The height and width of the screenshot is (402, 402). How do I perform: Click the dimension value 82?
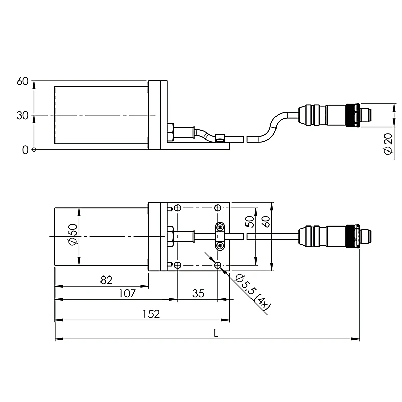coord(106,280)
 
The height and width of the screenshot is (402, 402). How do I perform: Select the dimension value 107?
coord(128,293)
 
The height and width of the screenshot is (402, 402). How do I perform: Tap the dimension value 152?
coord(151,314)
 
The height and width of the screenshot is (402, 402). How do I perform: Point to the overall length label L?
coord(216,333)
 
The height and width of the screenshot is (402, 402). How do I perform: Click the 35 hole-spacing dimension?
coord(198,293)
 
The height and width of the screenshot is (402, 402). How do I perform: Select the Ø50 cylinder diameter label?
coord(73,234)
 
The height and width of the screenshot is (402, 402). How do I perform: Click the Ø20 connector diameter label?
coord(388,143)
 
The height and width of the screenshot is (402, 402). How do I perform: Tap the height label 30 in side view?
coord(22,116)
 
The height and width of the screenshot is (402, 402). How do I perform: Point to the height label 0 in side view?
coord(25,150)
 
